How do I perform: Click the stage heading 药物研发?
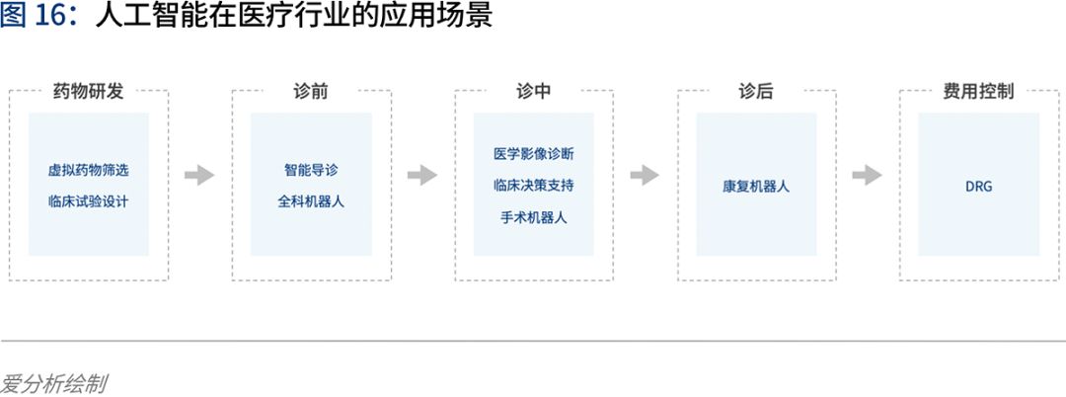coord(89,92)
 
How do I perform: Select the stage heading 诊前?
coord(311,92)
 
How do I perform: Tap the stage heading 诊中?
coord(534,92)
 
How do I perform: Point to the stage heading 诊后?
coord(756,92)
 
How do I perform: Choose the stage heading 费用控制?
coord(978,92)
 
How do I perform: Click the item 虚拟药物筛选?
coord(89,170)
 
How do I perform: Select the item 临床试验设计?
coord(89,201)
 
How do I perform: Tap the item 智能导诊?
coord(311,170)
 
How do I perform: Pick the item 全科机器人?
coord(311,201)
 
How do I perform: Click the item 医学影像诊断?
coord(534,154)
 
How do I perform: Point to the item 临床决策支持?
coord(534,185)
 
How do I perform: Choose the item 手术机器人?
coord(534,217)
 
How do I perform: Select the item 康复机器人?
coord(756,186)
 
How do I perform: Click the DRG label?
coord(979,186)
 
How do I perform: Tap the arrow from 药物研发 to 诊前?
coord(199,175)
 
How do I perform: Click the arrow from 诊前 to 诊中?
coord(422,175)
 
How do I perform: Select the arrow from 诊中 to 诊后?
coord(645,175)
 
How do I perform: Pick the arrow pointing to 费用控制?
coord(867,175)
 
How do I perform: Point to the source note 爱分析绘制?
coord(53,384)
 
